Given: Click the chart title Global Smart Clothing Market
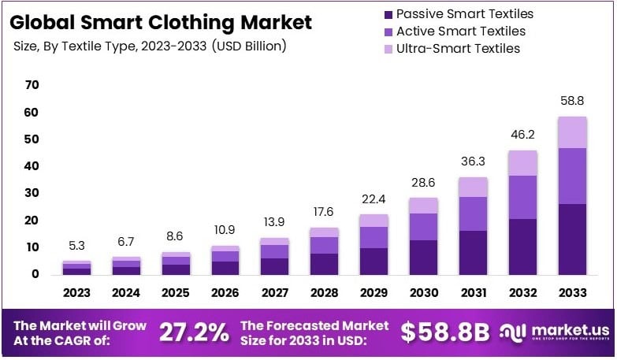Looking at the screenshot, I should coord(162,23).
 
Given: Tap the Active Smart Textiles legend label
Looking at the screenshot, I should coord(460,32).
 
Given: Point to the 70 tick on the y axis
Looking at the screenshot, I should coord(32,85).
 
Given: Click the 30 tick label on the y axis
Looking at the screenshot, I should coord(32,193).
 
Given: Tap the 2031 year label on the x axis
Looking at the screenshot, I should coord(474,293).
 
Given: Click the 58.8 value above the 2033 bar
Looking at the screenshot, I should coord(573,102).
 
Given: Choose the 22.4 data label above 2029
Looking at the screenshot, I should coord(374,199).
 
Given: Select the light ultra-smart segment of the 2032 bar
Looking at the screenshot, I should coord(523,163).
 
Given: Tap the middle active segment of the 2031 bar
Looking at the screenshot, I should coord(474,213).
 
